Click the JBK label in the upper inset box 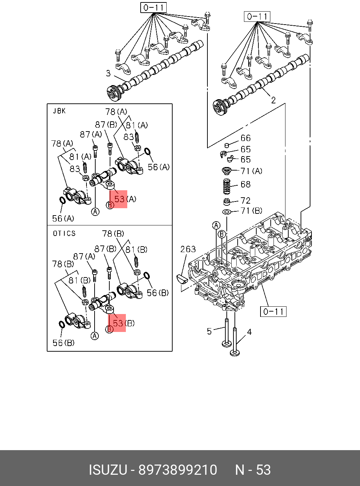59,111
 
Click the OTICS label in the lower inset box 64,234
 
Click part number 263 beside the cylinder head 188,249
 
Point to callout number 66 245,138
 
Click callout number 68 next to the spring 245,184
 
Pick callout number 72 245,200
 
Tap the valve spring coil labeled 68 227,186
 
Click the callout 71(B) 251,211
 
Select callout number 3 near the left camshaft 108,73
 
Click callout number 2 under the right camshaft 273,100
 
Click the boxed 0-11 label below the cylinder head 273,311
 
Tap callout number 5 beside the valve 209,331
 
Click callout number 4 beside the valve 249,332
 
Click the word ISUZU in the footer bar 108,470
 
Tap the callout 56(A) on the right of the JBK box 159,167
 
